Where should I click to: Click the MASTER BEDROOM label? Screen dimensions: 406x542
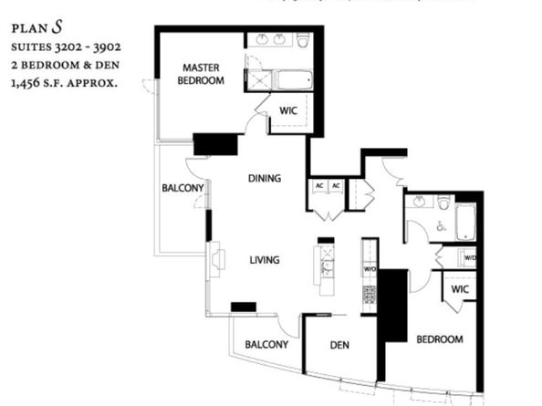point(203,74)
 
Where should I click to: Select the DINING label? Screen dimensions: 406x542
point(264,178)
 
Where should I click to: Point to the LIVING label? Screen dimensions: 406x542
point(264,260)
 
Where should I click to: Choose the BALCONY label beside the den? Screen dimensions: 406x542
point(266,345)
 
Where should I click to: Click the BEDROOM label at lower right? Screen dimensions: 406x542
point(440,339)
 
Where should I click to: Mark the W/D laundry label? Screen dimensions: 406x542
point(470,257)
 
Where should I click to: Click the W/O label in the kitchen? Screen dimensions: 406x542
point(370,270)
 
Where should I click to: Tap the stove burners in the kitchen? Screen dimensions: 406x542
point(370,295)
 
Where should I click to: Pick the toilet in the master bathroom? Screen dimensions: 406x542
point(302,40)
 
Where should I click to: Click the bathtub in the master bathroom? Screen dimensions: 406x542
point(295,79)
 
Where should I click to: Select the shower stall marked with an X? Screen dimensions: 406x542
point(260,79)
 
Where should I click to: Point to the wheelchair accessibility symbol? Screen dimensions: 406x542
point(441,225)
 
